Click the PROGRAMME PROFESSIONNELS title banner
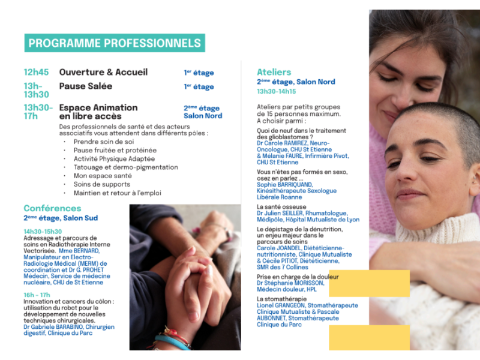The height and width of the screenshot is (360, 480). click(115, 43)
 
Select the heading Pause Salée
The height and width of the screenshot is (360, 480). click(85, 86)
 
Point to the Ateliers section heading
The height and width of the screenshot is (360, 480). click(274, 72)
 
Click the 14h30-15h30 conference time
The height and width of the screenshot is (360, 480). click(43, 232)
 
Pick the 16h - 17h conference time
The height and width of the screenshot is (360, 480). click(37, 295)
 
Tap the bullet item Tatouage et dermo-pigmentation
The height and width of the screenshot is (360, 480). click(125, 167)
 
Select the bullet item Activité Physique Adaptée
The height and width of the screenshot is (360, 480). click(114, 159)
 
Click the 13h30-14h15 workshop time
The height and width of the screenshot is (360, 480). click(277, 92)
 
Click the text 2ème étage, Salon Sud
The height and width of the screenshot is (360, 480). click(61, 218)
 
